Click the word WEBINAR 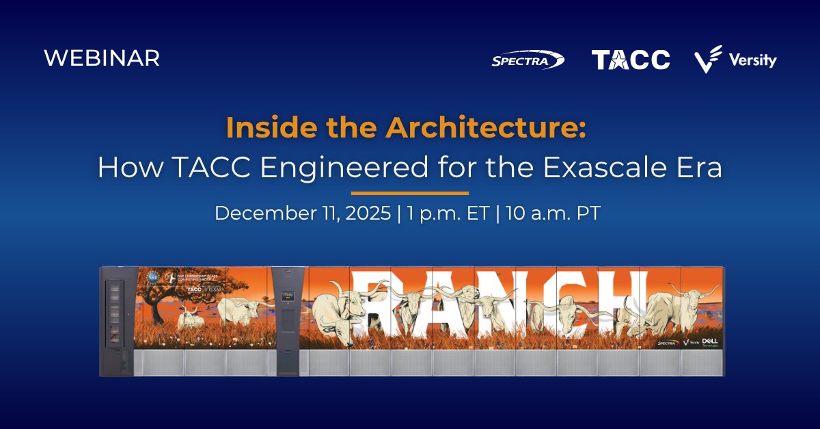tap(102, 58)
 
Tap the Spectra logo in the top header tap(528, 60)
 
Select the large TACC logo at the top tap(630, 60)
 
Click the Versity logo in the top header tap(735, 60)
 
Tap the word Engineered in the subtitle tap(305, 168)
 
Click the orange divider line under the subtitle tap(410, 193)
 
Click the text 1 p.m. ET tap(448, 213)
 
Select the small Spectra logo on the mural tap(666, 342)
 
